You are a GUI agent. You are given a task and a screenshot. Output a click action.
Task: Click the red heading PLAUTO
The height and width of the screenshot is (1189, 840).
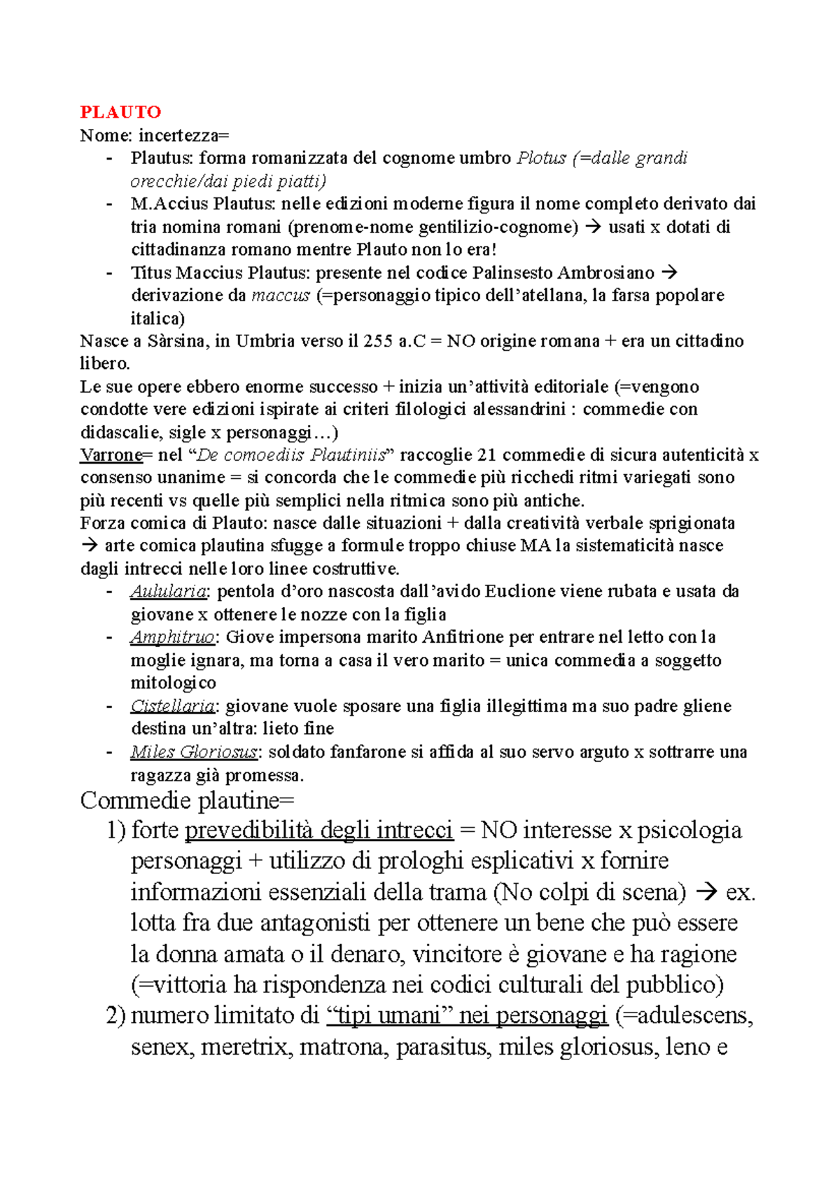coord(120,112)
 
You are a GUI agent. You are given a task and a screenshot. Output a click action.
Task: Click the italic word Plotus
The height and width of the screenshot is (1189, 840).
coord(541,158)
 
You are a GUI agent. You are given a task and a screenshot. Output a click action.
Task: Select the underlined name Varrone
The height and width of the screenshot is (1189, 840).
coord(111,455)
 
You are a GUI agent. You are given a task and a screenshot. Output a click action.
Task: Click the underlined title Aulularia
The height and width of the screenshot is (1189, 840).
coord(168,592)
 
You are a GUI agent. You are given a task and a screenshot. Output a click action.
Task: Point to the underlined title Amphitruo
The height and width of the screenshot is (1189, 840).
coord(172,637)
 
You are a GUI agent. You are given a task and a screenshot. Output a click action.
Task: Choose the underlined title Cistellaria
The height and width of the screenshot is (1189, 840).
coord(172,706)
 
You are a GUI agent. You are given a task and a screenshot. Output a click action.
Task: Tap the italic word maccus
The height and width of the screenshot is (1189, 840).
coord(280,295)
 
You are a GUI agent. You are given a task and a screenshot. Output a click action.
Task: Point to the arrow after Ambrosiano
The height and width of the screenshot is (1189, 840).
coord(668,273)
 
